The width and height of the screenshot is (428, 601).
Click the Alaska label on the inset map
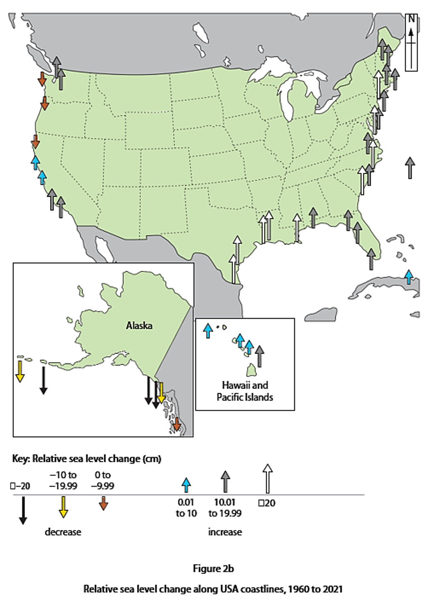pos(139,325)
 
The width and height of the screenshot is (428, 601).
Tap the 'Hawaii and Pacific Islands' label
pos(245,391)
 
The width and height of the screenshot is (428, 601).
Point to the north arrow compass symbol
pos(411,42)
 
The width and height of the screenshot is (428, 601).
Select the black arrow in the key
pos(23,510)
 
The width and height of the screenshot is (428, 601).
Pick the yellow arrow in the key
pos(63,507)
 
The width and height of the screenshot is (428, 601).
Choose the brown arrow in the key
pos(103,503)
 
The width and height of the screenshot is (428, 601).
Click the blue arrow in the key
pos(187,485)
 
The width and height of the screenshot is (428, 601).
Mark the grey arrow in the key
pos(225,482)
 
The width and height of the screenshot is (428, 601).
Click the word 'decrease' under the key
pos(63,532)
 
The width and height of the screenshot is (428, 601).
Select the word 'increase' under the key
pos(225,532)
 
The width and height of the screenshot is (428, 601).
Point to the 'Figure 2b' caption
pos(213,569)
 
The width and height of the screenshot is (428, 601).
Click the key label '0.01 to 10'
pos(186,508)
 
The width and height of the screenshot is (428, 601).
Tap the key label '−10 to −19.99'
pos(63,480)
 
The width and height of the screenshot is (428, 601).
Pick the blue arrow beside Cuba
pos(409,277)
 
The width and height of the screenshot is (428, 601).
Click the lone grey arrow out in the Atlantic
pos(411,167)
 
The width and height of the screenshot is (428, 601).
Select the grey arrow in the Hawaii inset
pos(260,356)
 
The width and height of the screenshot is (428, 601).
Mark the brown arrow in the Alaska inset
pos(177,424)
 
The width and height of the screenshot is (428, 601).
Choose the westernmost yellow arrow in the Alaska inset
pos(20,371)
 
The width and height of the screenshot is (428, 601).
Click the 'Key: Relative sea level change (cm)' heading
pos(86,459)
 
